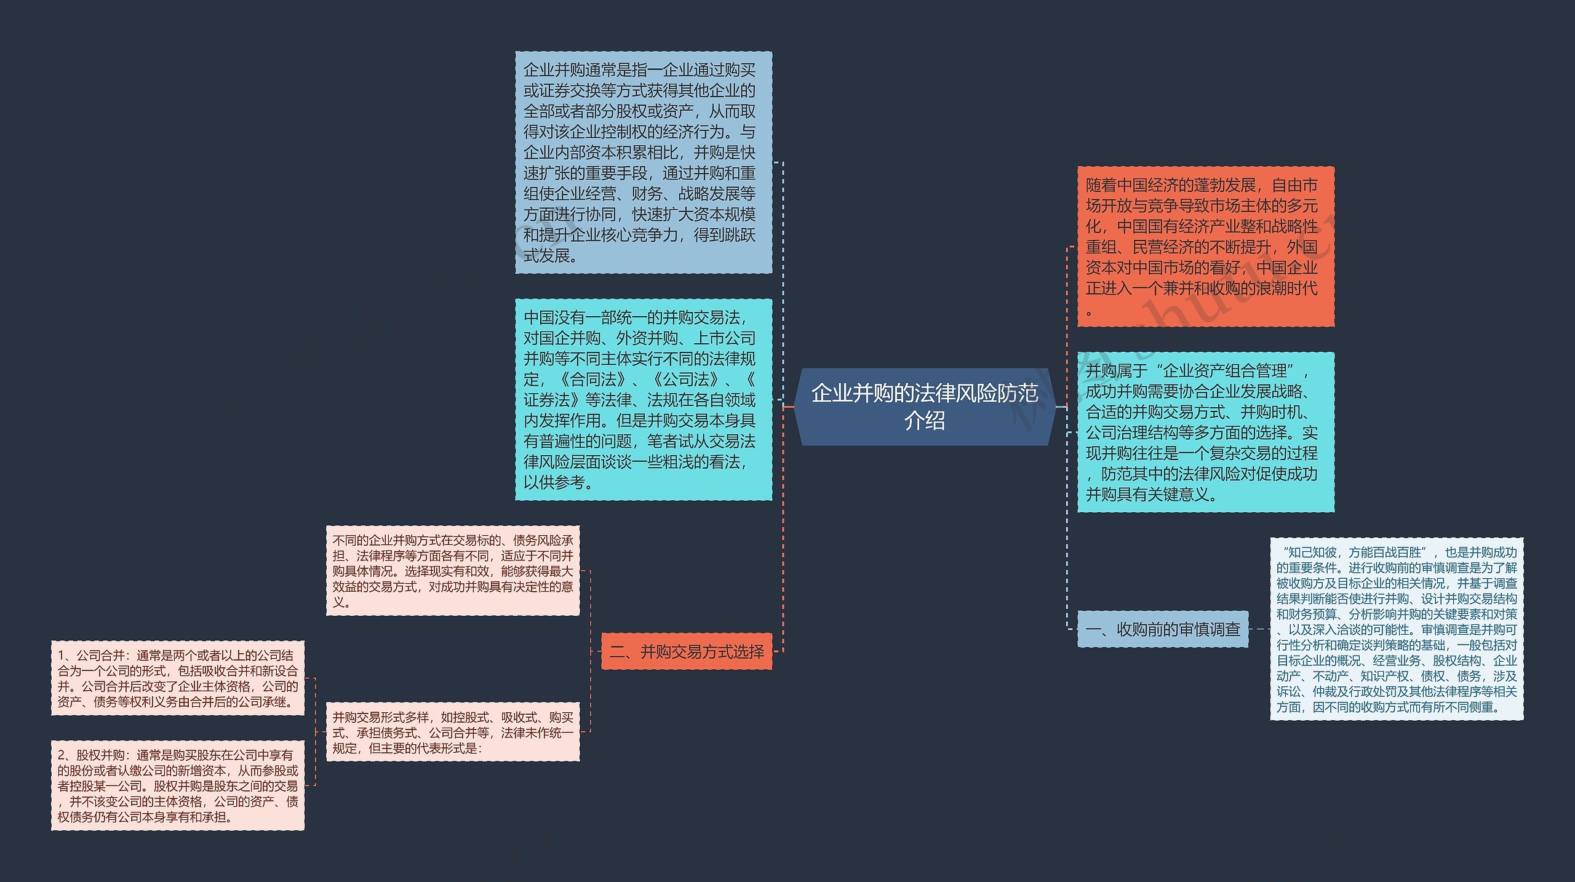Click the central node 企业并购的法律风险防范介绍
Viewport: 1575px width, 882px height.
(924, 407)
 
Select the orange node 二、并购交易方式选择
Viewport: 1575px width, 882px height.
(686, 651)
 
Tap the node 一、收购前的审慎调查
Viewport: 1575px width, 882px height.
(1163, 629)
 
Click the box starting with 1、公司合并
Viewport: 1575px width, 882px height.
(177, 678)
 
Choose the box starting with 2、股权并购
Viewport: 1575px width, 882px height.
(177, 785)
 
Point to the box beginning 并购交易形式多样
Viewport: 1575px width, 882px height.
(452, 732)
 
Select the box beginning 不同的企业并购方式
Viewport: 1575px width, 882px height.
(452, 570)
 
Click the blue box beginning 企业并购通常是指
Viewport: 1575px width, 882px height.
(643, 162)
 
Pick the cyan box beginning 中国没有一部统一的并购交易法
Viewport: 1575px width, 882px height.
(643, 399)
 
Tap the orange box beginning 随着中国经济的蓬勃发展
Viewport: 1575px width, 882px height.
(1205, 246)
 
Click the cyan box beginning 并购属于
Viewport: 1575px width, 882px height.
(1205, 432)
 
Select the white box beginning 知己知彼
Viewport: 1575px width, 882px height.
(1396, 629)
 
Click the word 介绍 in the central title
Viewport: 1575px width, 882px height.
(924, 421)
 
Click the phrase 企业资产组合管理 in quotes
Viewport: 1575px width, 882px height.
(1224, 371)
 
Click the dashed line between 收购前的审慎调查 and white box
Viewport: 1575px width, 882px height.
(1259, 629)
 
